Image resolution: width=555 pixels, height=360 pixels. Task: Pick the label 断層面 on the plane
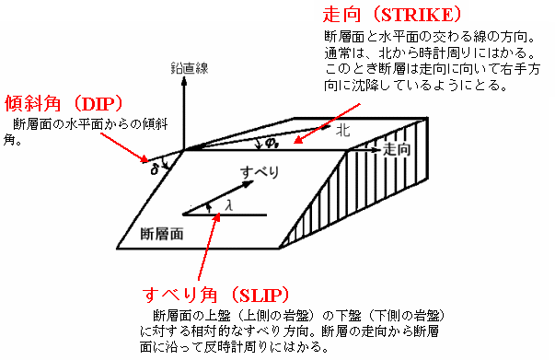pyautogui.click(x=161, y=234)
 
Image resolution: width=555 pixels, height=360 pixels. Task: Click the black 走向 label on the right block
pyautogui.click(x=396, y=147)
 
